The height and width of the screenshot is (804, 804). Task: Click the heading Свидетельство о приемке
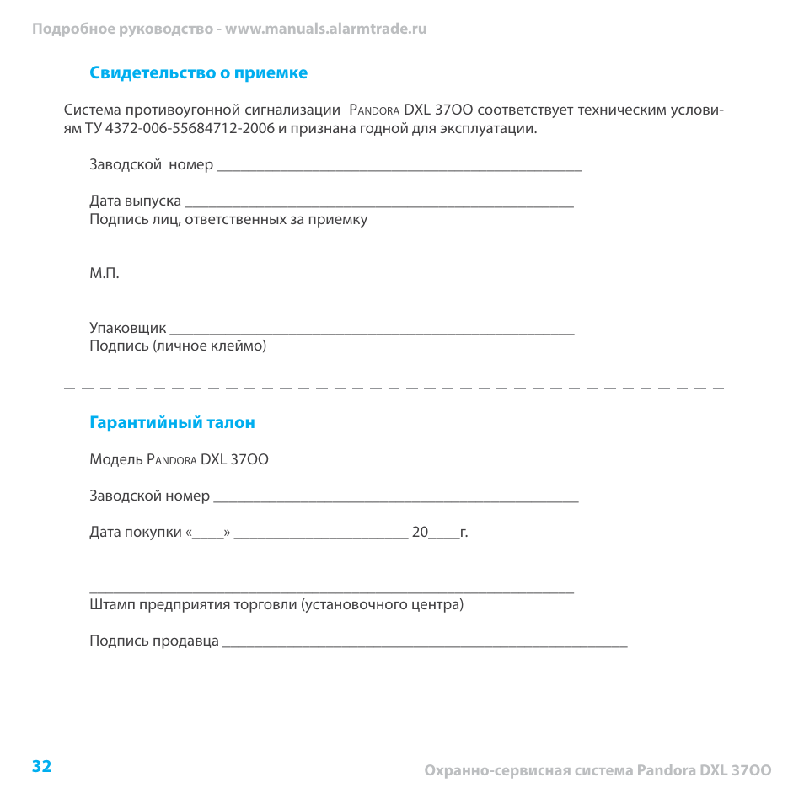coord(198,73)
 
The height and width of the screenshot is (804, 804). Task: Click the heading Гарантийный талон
coord(172,423)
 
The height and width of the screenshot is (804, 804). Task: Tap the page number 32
coord(41,766)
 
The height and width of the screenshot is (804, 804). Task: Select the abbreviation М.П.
coord(105,274)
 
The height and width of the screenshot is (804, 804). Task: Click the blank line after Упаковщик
coord(371,332)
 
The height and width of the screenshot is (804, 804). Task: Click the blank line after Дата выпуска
coord(378,206)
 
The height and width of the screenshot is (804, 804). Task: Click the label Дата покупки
coord(136,533)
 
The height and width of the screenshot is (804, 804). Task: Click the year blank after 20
coord(444,536)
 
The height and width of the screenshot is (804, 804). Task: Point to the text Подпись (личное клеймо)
coord(178,346)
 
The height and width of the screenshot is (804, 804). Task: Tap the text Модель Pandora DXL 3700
coord(179,460)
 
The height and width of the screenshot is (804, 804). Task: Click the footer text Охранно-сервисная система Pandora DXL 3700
coord(598,770)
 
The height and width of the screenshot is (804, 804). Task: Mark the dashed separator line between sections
coord(394,387)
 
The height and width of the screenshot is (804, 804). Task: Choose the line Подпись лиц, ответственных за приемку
coord(228,220)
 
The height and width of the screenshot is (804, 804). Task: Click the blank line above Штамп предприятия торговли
coord(331,592)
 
